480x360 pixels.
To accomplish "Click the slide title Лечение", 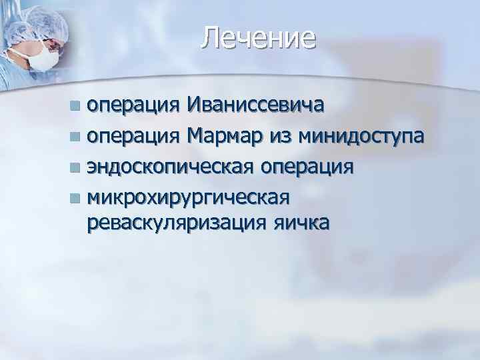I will click(258, 38).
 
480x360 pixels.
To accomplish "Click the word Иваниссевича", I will click(256, 105).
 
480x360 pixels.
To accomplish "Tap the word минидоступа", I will click(362, 137).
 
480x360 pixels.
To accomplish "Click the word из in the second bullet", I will click(281, 137).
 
